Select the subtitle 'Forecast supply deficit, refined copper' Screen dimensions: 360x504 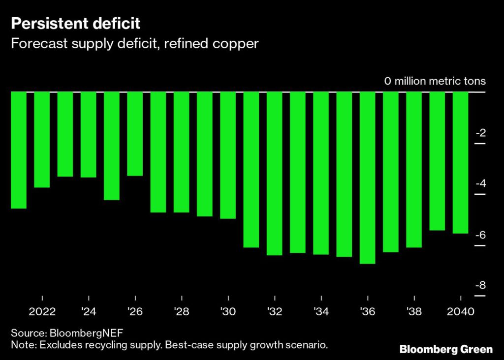134,43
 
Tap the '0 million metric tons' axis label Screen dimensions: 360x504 435,81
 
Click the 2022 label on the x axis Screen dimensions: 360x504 42,312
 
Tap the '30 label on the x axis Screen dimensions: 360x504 228,312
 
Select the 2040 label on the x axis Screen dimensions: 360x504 460,312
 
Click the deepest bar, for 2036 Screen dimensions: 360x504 367,177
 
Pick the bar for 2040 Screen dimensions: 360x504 460,162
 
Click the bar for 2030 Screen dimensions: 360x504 228,155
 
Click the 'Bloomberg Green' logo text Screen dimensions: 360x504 445,349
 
